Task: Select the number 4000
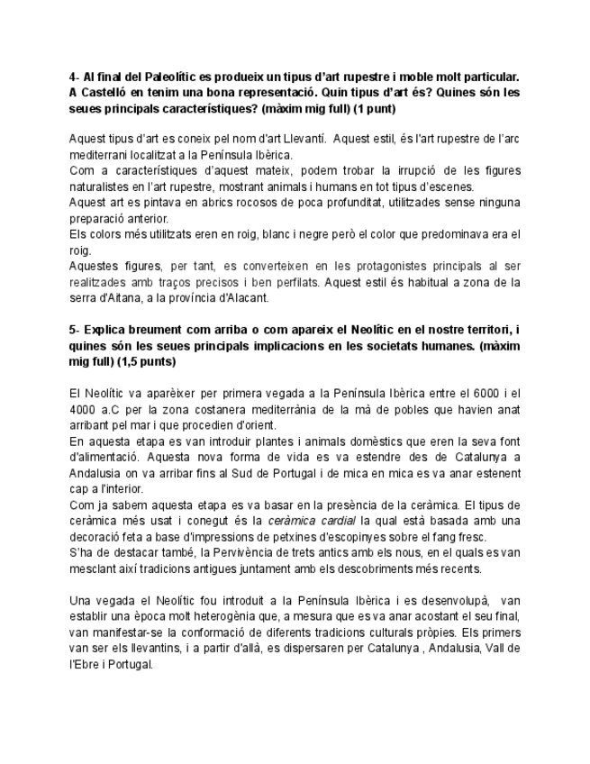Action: coord(84,410)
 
